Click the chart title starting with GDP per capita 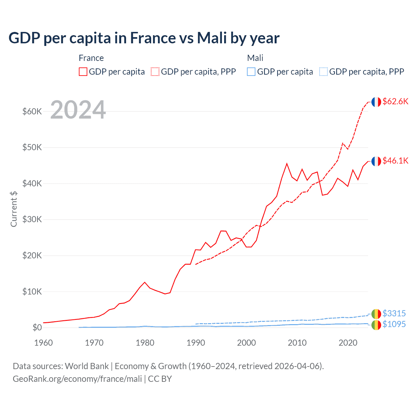click(x=144, y=38)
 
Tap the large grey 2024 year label click(x=78, y=110)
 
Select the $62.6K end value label click(x=395, y=101)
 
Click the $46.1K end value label click(x=395, y=161)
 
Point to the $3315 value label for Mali click(x=394, y=313)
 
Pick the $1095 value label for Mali click(x=394, y=324)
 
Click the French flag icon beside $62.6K click(x=376, y=102)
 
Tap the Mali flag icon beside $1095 click(x=376, y=325)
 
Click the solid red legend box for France click(x=83, y=72)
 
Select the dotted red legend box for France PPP click(x=155, y=72)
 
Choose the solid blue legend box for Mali click(x=251, y=72)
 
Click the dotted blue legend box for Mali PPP click(x=324, y=72)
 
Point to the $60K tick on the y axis click(x=32, y=111)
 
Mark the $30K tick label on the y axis click(x=32, y=219)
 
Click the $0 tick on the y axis click(x=37, y=327)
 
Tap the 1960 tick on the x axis click(x=43, y=343)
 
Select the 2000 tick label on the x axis click(x=246, y=343)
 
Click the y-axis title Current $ click(x=14, y=209)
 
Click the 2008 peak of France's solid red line click(x=287, y=164)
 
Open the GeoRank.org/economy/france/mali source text click(x=77, y=379)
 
